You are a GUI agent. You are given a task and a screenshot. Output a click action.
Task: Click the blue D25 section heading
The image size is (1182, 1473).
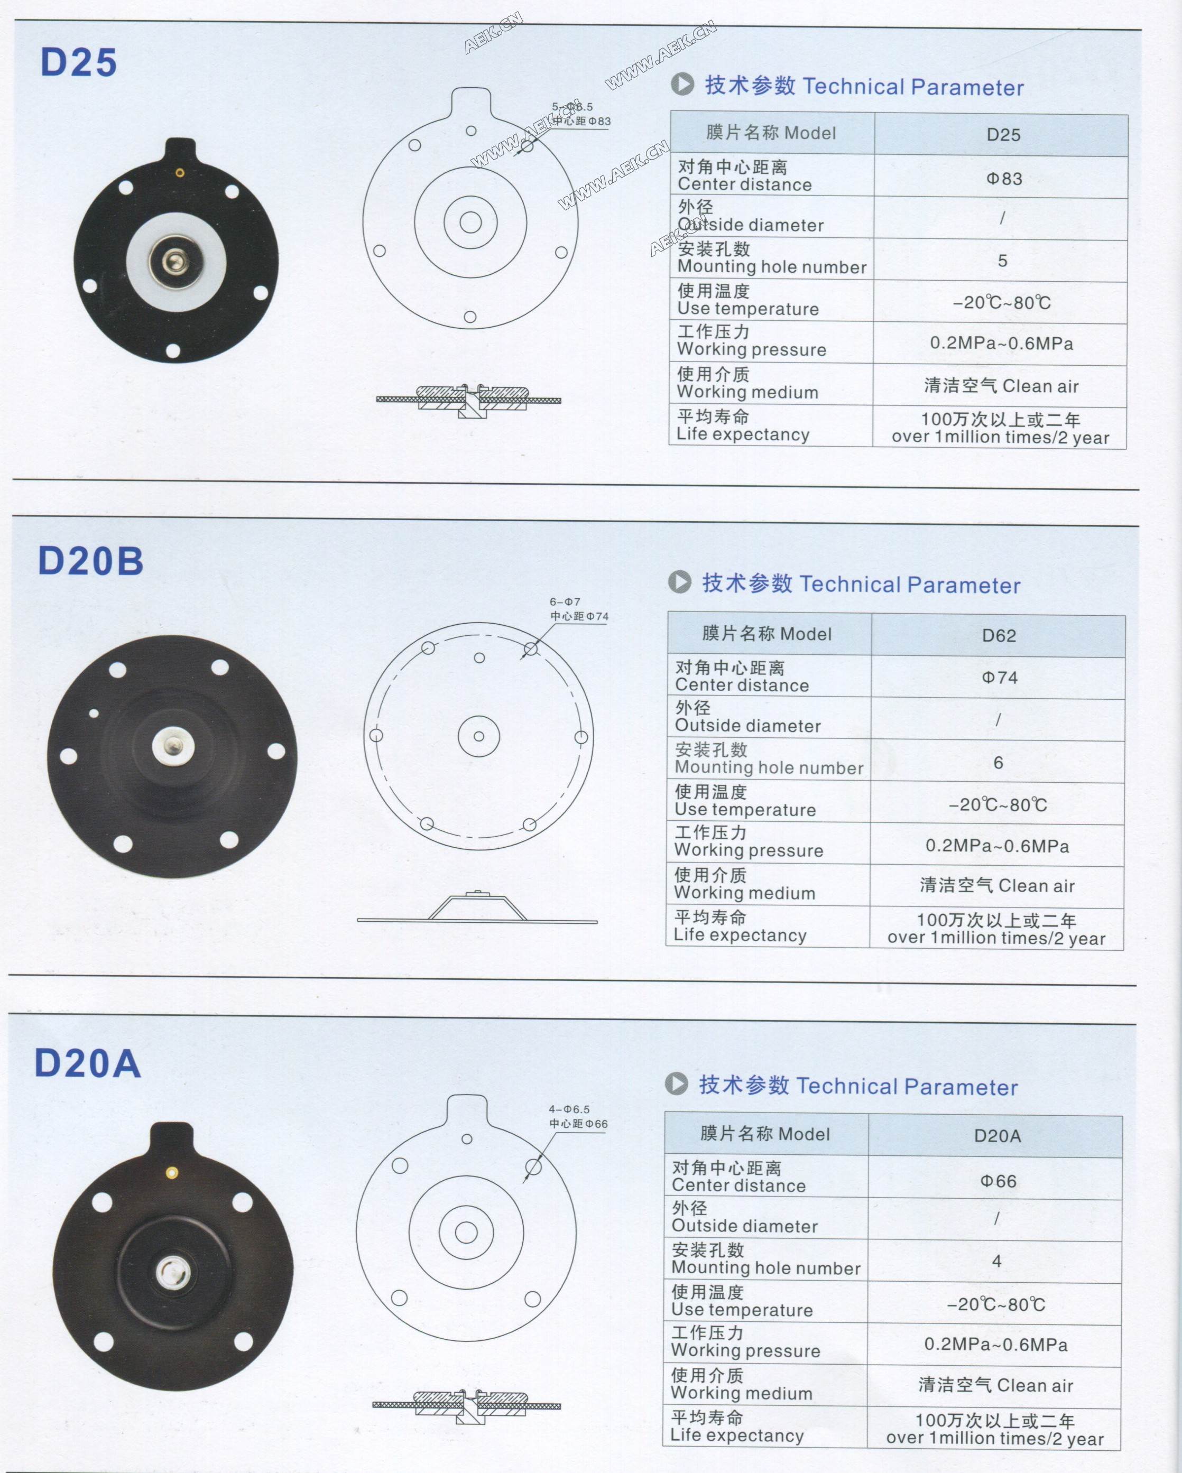79,62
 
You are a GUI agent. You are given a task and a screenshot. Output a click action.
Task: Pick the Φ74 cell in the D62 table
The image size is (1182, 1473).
1000,678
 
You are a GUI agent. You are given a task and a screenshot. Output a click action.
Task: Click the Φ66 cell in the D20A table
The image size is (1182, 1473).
998,1181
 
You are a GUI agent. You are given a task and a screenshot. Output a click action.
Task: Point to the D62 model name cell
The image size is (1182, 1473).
999,635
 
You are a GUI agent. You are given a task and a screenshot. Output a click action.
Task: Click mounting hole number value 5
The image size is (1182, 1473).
1002,261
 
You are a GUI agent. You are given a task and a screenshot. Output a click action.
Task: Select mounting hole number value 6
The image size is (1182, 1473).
998,763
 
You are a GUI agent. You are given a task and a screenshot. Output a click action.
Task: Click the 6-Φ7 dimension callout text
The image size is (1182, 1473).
565,602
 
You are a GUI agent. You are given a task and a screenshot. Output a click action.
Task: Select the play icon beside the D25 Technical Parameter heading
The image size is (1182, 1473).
682,84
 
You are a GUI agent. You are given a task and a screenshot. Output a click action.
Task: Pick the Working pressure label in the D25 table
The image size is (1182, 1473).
752,350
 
